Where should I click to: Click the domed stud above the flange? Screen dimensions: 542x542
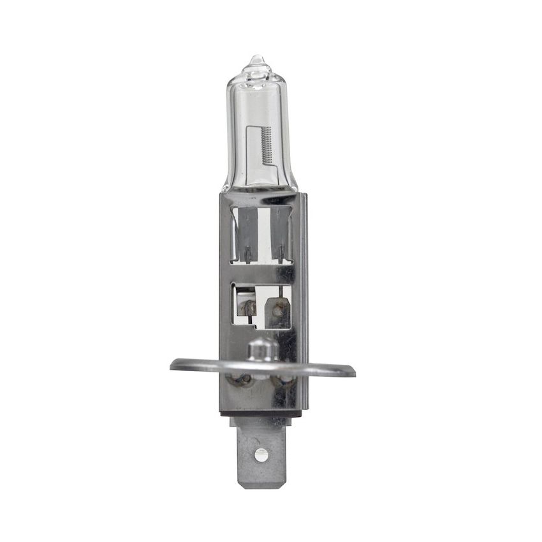[261, 349]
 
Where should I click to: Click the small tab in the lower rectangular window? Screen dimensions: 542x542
[277, 311]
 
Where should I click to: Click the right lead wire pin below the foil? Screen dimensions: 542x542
[280, 256]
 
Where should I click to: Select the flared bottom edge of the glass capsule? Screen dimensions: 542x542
[260, 187]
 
